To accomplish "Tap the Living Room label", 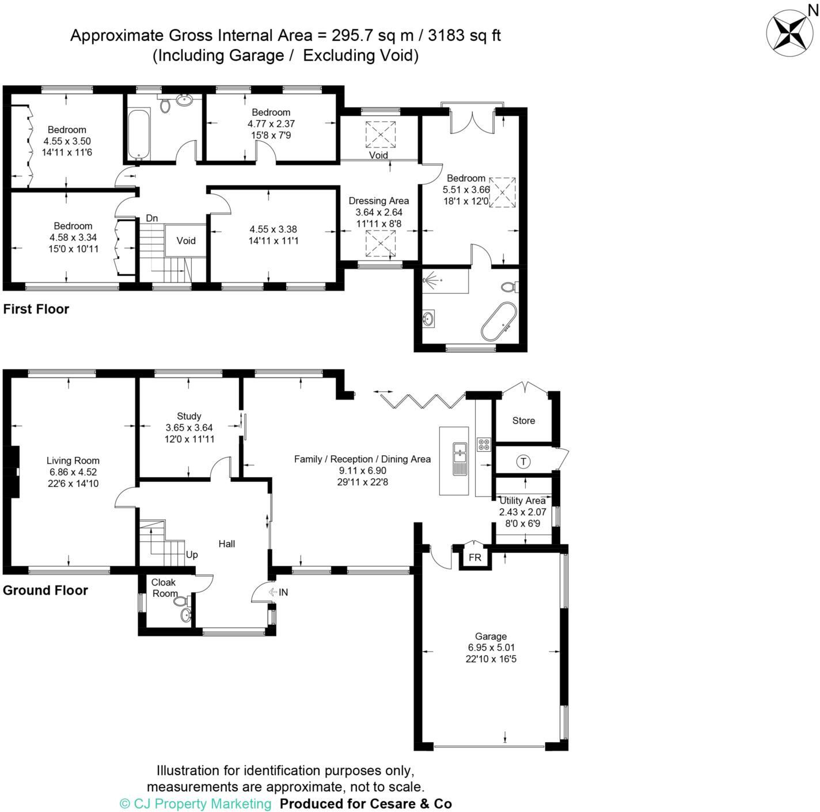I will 73,460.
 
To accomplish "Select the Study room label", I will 189,416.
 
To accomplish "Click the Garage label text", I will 491,636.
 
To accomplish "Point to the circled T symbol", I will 523,462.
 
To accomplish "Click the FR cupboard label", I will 474,558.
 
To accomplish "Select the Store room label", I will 523,421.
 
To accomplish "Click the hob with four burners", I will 484,444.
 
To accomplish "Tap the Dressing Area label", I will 378,201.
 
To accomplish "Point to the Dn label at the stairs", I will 151,218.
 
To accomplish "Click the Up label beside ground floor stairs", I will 192,554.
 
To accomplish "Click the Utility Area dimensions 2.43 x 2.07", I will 522,512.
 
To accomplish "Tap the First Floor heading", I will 36,309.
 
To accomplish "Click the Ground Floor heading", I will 45,590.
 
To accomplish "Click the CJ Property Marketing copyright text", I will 196,803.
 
